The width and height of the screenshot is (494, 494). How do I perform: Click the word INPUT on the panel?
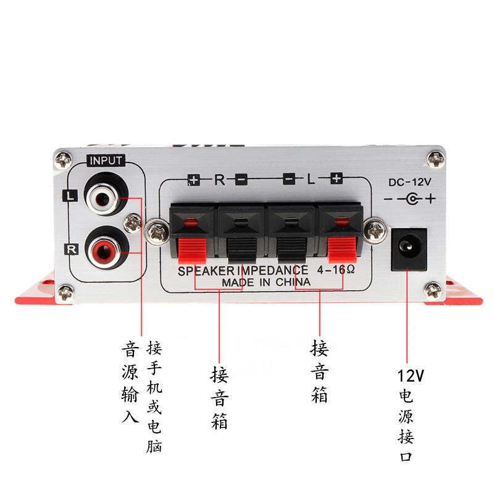click(x=106, y=161)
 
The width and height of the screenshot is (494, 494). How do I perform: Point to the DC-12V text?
click(x=409, y=182)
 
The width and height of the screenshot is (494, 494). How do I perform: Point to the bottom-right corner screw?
click(x=433, y=288)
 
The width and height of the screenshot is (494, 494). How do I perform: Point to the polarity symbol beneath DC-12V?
click(x=409, y=199)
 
